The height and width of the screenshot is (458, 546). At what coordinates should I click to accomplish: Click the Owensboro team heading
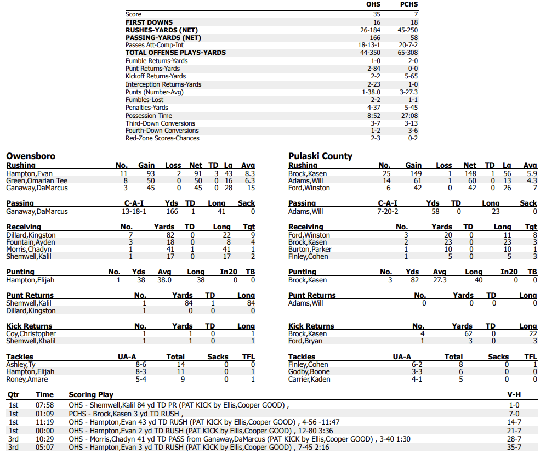coord(31,156)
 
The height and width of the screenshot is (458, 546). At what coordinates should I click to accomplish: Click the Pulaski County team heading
coord(320,156)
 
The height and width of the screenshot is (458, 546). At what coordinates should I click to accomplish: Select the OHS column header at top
coord(373,4)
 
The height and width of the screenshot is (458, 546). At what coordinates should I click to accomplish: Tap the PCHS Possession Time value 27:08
coord(409,116)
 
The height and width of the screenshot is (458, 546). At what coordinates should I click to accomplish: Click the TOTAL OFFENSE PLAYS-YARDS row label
coord(175,53)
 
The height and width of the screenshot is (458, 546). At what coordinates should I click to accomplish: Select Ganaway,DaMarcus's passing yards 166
coord(172,212)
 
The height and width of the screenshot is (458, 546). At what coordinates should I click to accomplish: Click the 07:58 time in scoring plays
coord(44,405)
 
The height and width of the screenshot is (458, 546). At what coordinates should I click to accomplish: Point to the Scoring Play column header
coord(91,394)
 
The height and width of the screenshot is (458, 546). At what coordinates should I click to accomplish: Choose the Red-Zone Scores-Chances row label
coord(162,138)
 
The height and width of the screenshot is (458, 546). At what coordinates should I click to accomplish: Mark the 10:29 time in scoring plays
coord(44,439)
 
